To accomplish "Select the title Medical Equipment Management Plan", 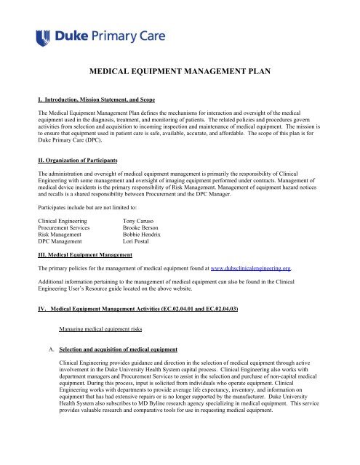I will coord(180,73).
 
